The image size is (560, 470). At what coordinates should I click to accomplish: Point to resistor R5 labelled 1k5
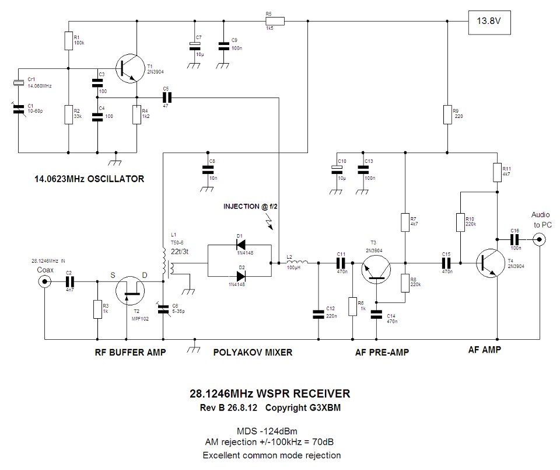tap(275, 22)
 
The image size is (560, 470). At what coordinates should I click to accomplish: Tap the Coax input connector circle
tap(44, 282)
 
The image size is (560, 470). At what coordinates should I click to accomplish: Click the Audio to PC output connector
tap(541, 239)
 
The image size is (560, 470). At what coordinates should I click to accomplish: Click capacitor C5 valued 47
tap(166, 98)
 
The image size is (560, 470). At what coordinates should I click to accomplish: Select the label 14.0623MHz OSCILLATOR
tap(89, 179)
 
